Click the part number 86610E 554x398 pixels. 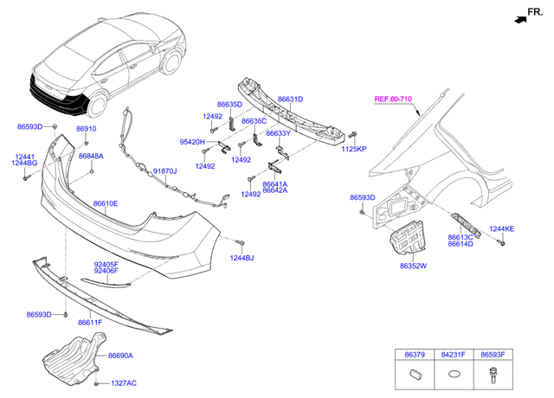pos(106,203)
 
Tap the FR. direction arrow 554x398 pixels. pos(519,17)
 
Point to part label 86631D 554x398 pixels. pos(290,99)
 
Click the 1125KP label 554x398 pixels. pos(354,149)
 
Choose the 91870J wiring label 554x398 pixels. pos(164,171)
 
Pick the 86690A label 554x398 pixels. pos(120,355)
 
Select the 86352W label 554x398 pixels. pos(414,266)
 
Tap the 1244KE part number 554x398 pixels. pos(501,228)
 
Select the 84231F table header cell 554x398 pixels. pos(453,354)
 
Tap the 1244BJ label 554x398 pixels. pos(242,258)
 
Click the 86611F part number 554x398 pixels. pos(90,322)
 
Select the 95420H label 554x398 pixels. pos(192,142)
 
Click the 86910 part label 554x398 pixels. pos(86,129)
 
